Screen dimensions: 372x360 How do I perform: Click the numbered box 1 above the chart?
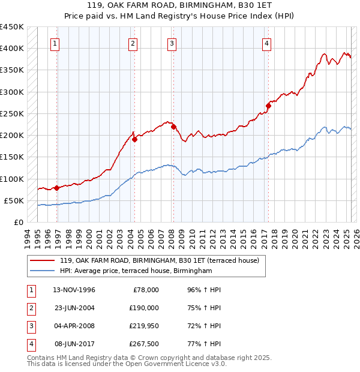pos(55,43)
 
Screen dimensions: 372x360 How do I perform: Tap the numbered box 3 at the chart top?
pos(172,43)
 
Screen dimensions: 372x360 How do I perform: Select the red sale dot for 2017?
pos(268,106)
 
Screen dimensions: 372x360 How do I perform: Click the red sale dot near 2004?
pos(135,140)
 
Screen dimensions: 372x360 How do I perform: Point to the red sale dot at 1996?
pos(57,188)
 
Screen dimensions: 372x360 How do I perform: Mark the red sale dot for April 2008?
pos(173,127)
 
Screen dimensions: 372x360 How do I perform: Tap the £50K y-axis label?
pos(14,200)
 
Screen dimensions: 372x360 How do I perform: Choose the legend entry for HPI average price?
pos(136,271)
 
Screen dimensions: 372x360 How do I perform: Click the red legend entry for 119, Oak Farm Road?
pos(159,260)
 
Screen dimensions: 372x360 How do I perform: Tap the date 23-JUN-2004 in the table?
pos(74,307)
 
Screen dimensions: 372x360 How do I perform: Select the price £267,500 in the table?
pos(144,344)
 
